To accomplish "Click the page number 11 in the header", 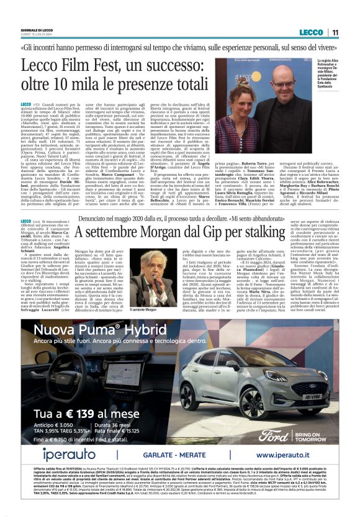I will [x=335, y=32].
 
